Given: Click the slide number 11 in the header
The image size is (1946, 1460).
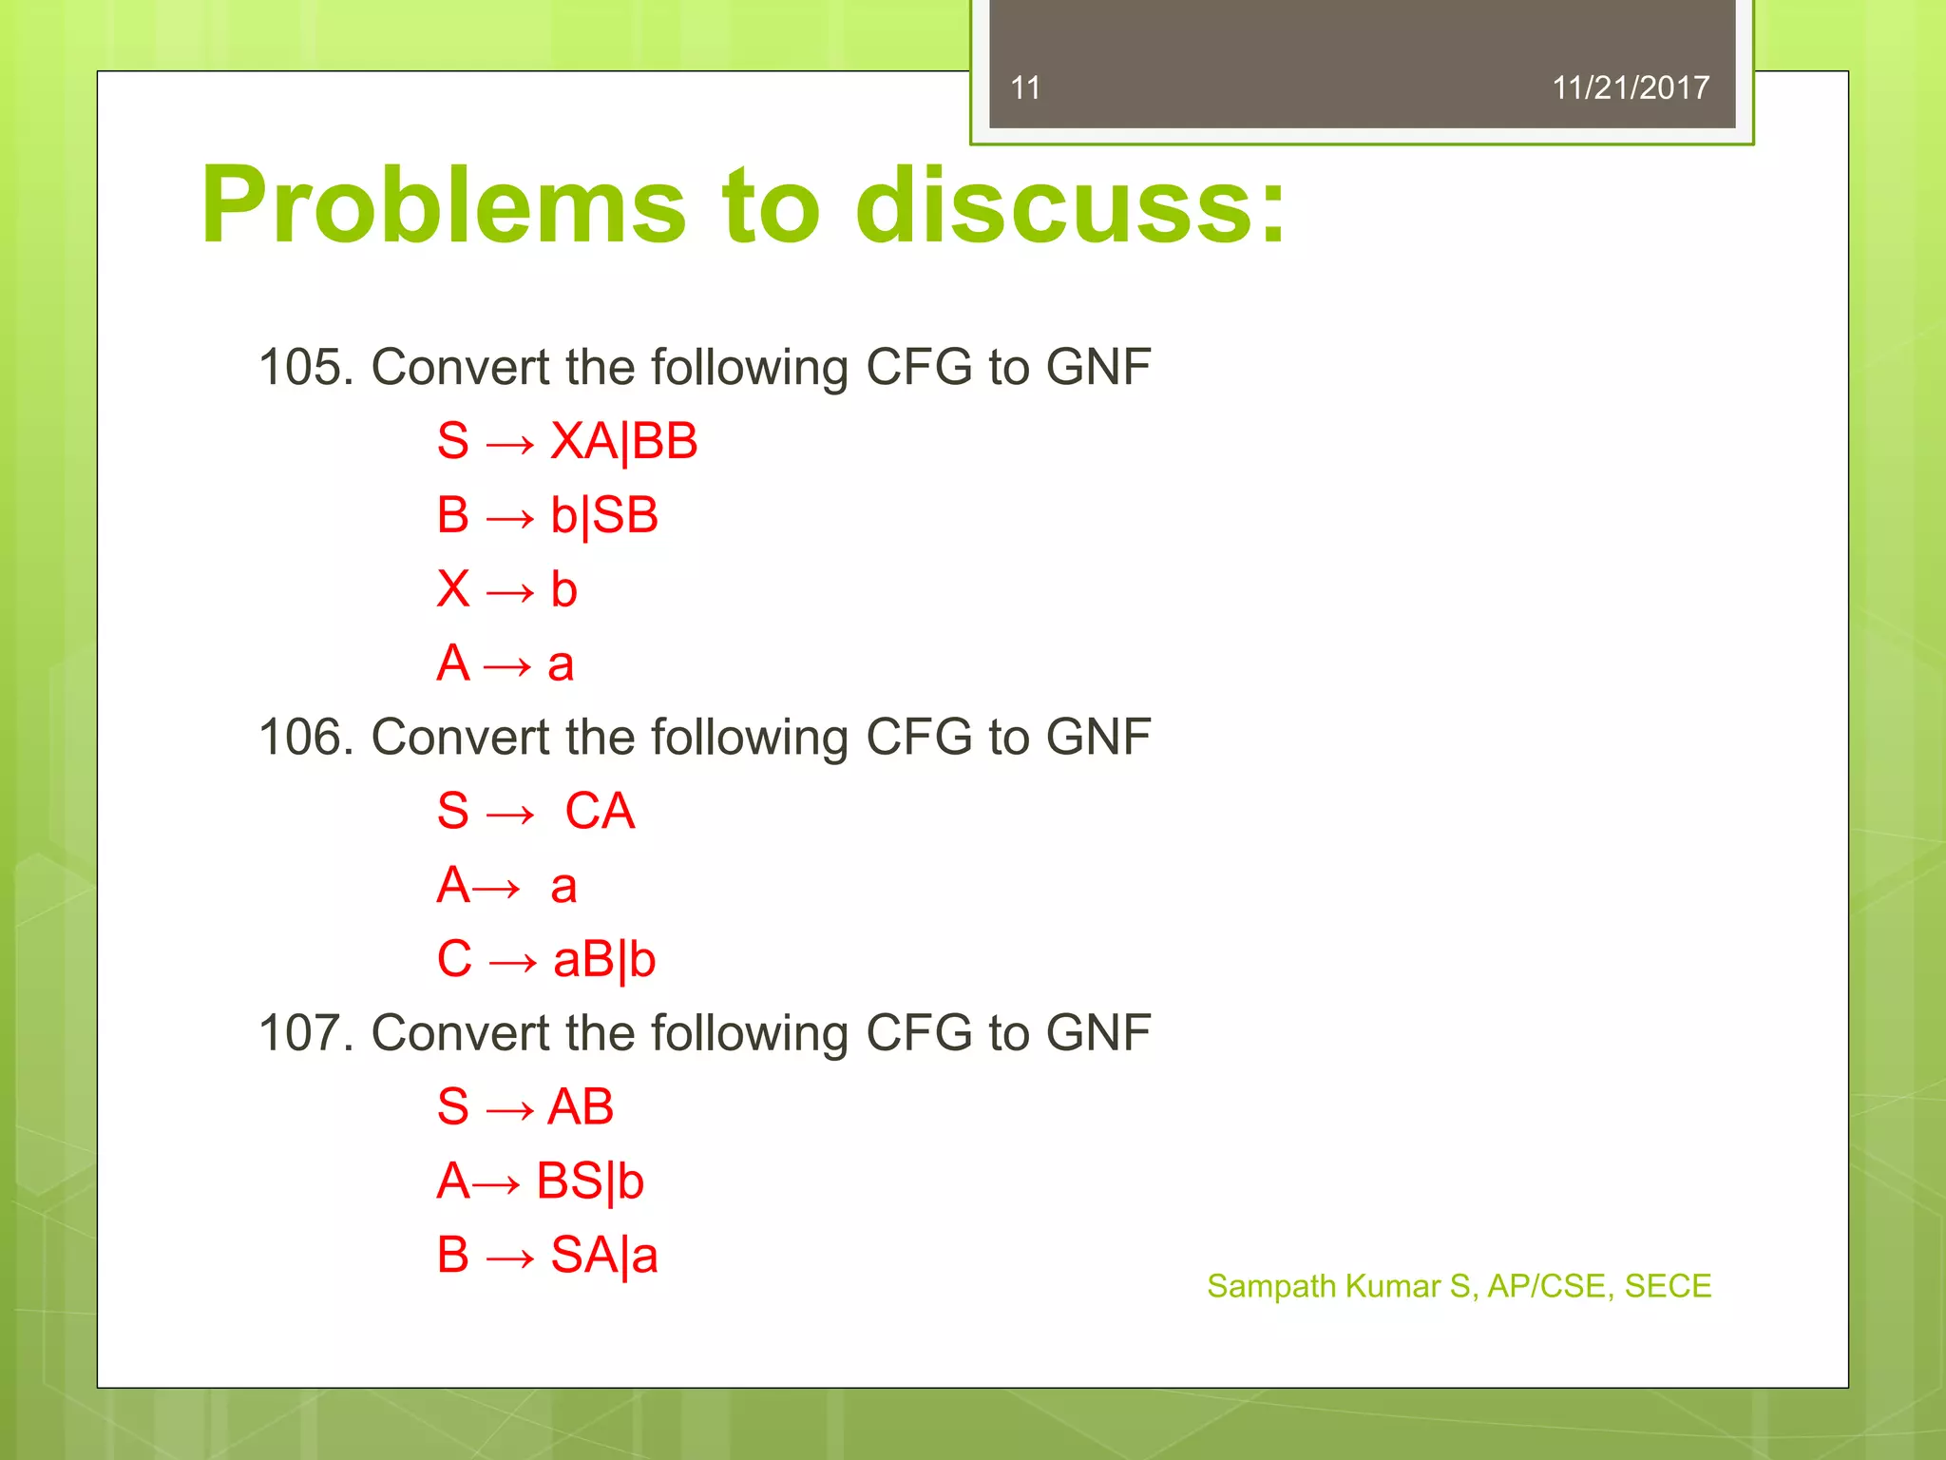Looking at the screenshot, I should (x=1025, y=88).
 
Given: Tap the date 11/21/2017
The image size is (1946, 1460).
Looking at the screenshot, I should (x=1630, y=88).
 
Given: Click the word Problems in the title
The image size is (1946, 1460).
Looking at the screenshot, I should (x=443, y=206).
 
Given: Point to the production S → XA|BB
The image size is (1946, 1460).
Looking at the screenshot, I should (x=567, y=442).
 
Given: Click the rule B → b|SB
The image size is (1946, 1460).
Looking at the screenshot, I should (x=547, y=516).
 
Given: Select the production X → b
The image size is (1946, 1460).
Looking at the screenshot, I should (x=506, y=589).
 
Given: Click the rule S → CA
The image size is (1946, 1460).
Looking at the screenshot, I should (x=536, y=812).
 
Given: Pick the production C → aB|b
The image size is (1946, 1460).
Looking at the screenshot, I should (x=546, y=959).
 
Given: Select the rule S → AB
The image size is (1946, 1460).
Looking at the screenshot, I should (x=525, y=1107).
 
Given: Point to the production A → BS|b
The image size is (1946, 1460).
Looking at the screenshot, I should (x=540, y=1181).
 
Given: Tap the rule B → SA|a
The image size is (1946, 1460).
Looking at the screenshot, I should (x=547, y=1256).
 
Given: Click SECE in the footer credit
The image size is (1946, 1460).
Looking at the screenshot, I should (x=1668, y=1286).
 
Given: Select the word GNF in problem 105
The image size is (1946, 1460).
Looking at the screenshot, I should (x=1098, y=367).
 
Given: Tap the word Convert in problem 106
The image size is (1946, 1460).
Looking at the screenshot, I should (x=460, y=738).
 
